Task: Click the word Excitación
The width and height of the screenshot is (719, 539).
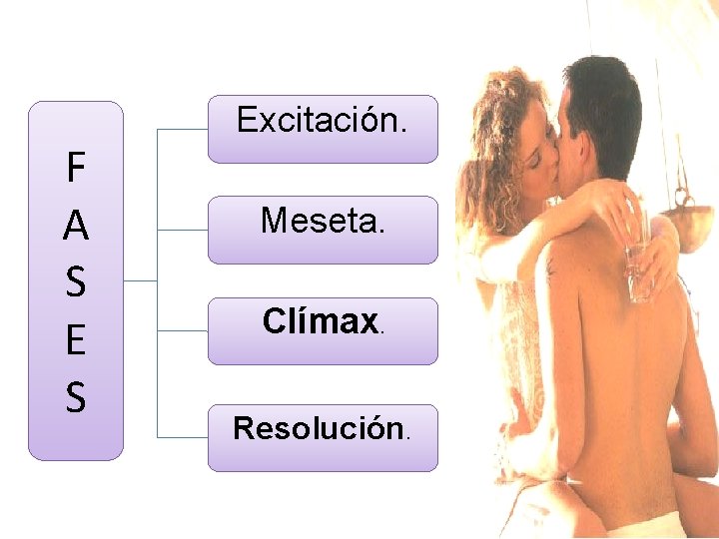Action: tap(321, 122)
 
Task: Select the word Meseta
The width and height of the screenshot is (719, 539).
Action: tap(321, 220)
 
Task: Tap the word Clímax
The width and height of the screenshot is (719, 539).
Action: tap(320, 321)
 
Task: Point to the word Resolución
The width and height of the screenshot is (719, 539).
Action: tap(319, 428)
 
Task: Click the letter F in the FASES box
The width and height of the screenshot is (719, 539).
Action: tap(75, 169)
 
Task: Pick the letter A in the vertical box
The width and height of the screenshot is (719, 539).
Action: tap(75, 227)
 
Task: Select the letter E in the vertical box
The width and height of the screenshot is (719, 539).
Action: tap(75, 340)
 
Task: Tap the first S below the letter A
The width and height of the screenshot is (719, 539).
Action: tap(75, 283)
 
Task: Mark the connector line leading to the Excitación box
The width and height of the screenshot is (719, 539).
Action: tap(185, 130)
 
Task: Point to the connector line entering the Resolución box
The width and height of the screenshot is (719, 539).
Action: tap(185, 438)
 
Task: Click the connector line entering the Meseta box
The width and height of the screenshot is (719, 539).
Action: tap(185, 230)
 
